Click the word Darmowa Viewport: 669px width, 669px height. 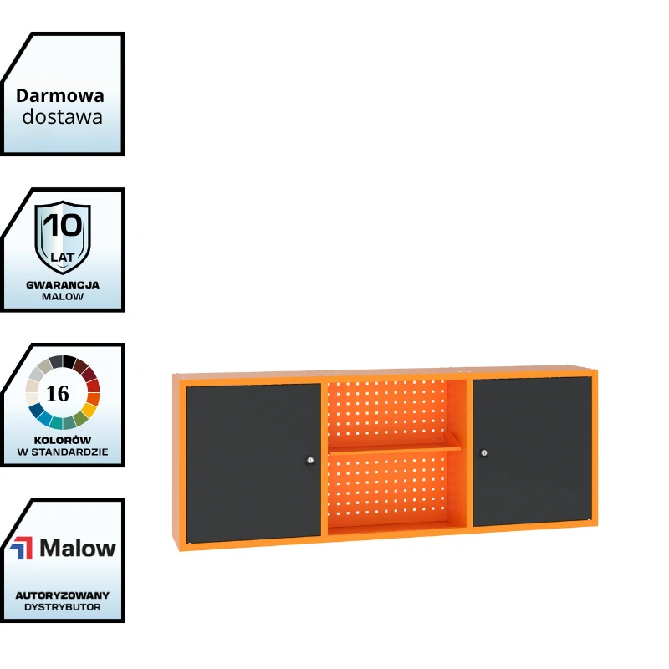pyautogui.click(x=60, y=96)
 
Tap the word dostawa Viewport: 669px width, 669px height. pyautogui.click(x=62, y=117)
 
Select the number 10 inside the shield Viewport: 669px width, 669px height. pyautogui.click(x=63, y=225)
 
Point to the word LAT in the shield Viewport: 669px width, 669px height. pyautogui.click(x=62, y=258)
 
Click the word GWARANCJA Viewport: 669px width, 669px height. pyautogui.click(x=63, y=285)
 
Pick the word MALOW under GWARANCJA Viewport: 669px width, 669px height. pyautogui.click(x=63, y=297)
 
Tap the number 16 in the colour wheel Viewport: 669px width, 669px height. pyautogui.click(x=58, y=393)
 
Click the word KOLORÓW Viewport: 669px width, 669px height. pyautogui.click(x=63, y=440)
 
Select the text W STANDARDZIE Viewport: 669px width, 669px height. pyautogui.click(x=63, y=452)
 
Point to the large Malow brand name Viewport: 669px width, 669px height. pyautogui.click(x=78, y=549)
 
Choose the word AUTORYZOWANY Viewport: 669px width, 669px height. pyautogui.click(x=63, y=595)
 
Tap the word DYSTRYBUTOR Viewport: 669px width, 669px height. pyautogui.click(x=63, y=607)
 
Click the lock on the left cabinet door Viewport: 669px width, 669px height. pyautogui.click(x=310, y=460)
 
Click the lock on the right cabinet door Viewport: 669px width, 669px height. pyautogui.click(x=484, y=452)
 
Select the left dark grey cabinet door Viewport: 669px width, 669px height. pyautogui.click(x=253, y=463)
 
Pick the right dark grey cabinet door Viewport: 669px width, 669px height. pyautogui.click(x=533, y=452)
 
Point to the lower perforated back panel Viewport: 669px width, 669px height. pyautogui.click(x=386, y=487)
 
